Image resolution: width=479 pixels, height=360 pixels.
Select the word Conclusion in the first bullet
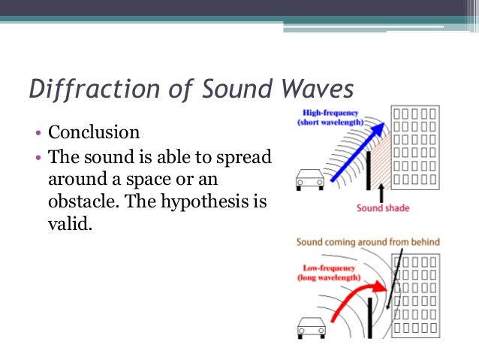click(94, 133)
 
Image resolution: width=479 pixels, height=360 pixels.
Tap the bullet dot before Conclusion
click(37, 135)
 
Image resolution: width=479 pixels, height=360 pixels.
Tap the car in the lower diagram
click(310, 326)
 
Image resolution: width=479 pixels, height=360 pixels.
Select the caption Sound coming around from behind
click(368, 242)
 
